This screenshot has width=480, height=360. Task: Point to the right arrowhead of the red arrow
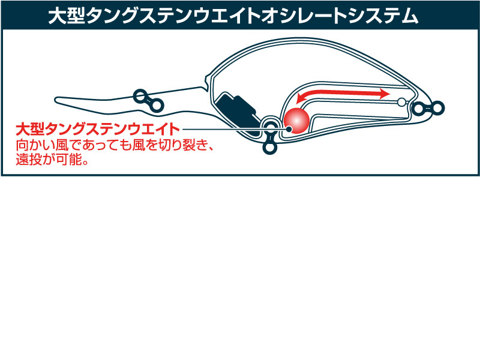[x=384, y=93]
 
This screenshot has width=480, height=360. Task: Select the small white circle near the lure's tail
[x=401, y=101]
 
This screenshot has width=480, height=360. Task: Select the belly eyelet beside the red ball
[x=269, y=125]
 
